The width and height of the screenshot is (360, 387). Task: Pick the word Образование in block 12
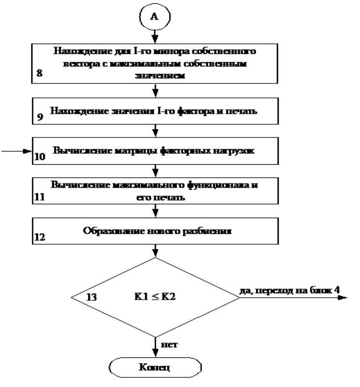[109, 232]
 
